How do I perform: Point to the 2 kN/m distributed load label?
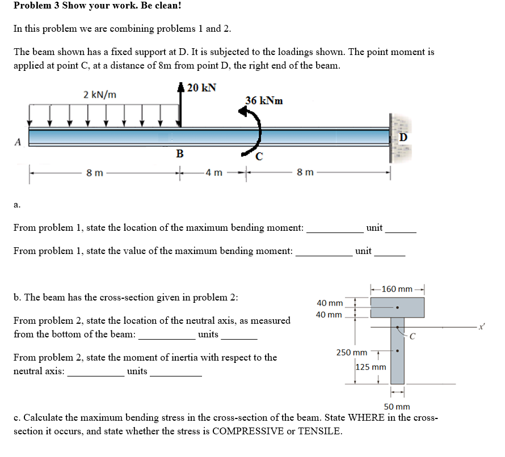[x=100, y=94]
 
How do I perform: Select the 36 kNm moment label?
[x=264, y=101]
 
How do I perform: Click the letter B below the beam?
[x=179, y=153]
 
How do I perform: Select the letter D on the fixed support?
[x=403, y=138]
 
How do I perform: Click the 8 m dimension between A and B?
[x=94, y=172]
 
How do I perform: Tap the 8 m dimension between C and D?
[x=304, y=172]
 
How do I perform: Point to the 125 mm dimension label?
[x=371, y=367]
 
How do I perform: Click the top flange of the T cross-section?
[x=397, y=307]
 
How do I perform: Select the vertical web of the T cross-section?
[x=397, y=354]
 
